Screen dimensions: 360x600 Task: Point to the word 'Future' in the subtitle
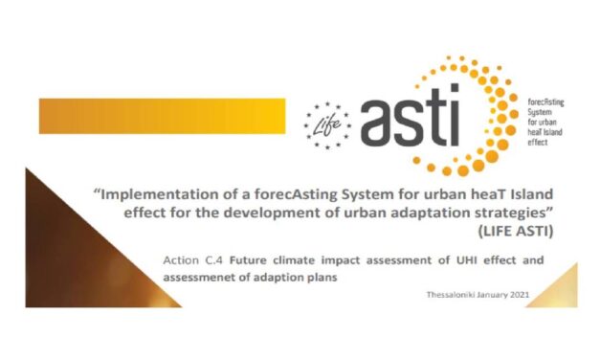[247, 258]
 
